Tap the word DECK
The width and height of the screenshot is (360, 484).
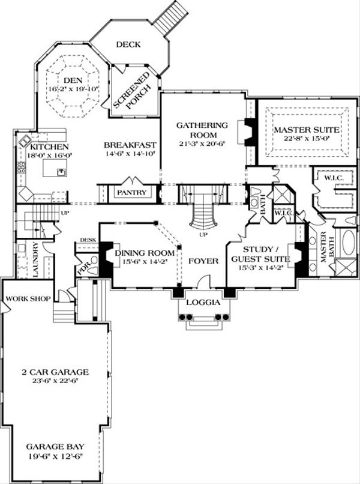128,44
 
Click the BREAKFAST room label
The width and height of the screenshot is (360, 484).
130,145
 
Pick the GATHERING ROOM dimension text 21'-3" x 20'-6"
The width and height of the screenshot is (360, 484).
202,144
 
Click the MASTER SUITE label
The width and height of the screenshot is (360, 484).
306,130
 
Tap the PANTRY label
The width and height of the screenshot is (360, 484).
131,193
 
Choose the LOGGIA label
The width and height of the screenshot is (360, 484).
201,302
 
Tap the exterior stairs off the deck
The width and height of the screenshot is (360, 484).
168,16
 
